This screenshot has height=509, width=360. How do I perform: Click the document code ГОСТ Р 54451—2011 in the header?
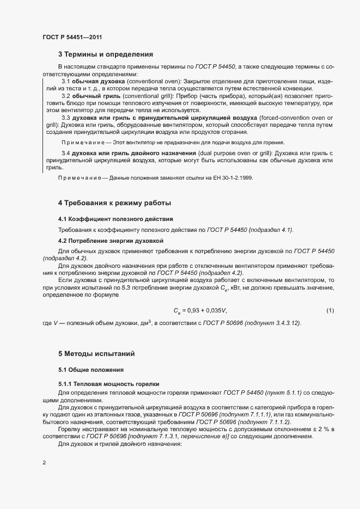click(x=72, y=37)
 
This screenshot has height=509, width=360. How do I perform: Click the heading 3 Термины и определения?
click(x=106, y=54)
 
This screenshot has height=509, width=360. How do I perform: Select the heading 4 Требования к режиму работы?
click(x=115, y=203)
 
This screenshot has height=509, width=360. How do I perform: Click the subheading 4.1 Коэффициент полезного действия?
click(x=115, y=219)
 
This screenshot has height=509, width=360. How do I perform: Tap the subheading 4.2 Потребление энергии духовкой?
click(x=111, y=240)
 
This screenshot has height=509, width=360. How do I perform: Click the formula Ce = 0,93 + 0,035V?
click(x=200, y=310)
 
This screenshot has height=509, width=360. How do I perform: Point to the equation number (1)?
click(x=330, y=310)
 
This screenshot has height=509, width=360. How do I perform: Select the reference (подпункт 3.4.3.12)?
click(x=272, y=323)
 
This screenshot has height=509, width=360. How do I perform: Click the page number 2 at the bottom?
click(x=45, y=463)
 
